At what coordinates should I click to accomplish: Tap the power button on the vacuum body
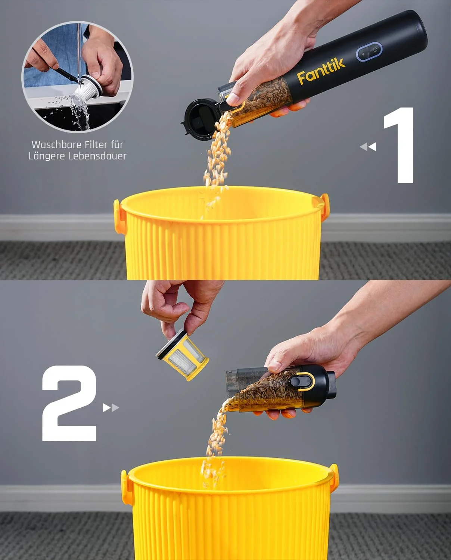click(x=369, y=52)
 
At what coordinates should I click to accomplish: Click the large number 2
click(x=69, y=403)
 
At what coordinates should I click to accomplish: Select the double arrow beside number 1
click(x=368, y=147)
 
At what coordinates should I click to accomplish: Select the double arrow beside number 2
click(x=111, y=408)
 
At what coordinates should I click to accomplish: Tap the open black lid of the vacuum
click(x=200, y=119)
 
